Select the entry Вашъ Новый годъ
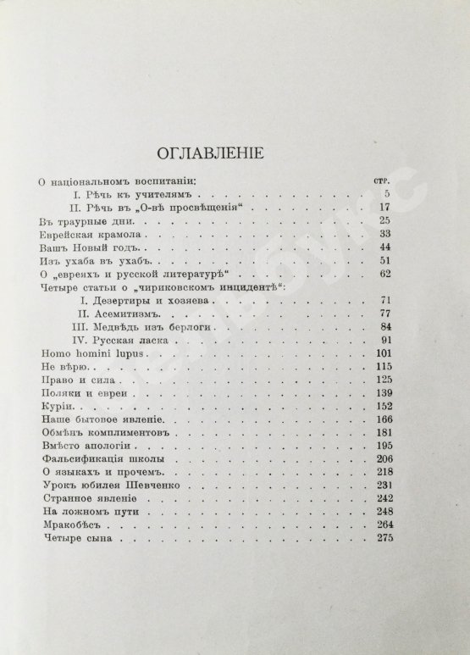(79, 247)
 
